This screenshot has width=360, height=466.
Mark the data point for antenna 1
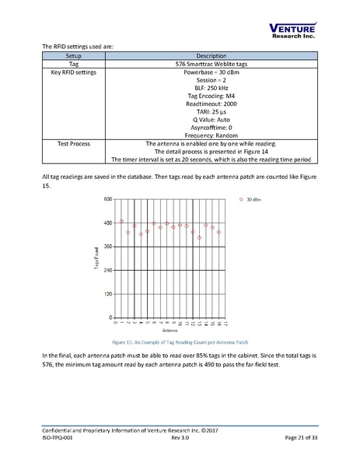[x=121, y=221]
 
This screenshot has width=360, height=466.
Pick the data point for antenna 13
[x=200, y=237]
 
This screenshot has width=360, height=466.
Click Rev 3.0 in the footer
[x=180, y=440]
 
